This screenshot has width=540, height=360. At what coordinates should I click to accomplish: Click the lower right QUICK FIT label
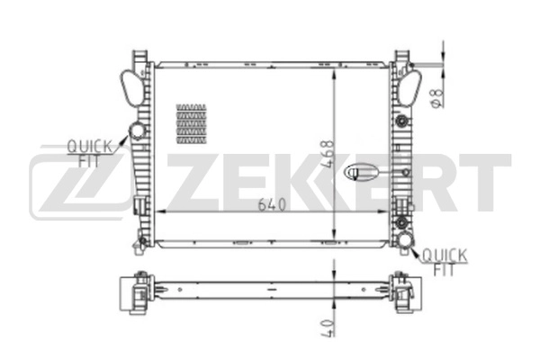coord(445,261)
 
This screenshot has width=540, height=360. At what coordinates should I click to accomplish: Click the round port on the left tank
coord(138,131)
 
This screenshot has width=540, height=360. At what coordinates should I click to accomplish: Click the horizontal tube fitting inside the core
coord(364,168)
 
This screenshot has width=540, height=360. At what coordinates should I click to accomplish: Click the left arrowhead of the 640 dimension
coord(160,211)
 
